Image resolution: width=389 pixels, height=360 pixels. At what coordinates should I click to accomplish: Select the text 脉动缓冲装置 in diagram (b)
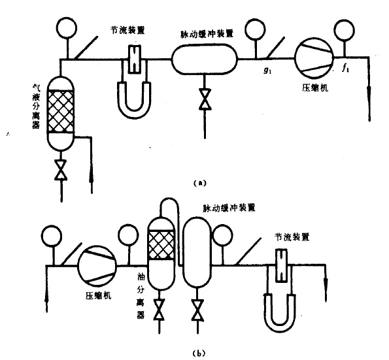[x=229, y=208]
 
